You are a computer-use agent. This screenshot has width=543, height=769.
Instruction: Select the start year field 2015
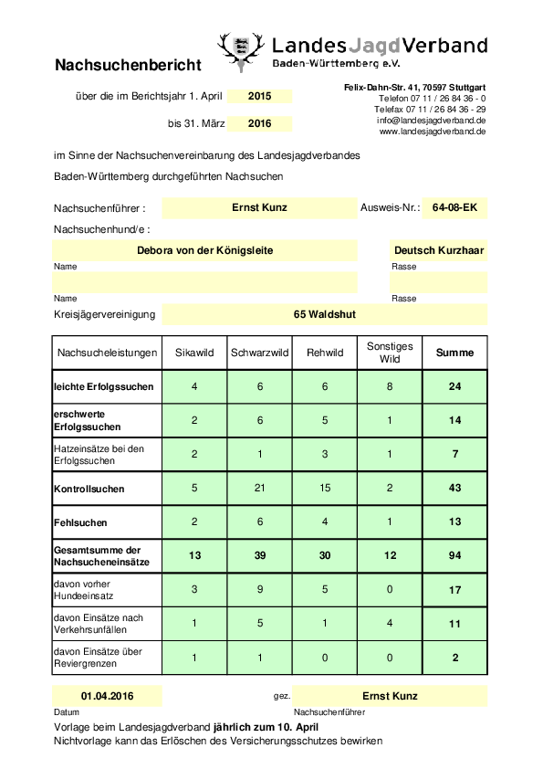(x=259, y=96)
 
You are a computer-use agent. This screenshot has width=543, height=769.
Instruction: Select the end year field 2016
(x=259, y=123)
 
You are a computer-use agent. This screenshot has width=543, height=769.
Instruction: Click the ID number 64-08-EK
(x=454, y=208)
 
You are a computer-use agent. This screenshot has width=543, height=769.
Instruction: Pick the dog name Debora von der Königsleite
(x=204, y=250)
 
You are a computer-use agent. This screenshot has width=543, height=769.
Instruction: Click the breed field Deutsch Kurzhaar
(x=439, y=250)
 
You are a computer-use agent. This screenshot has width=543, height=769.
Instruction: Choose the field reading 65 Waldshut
(x=324, y=314)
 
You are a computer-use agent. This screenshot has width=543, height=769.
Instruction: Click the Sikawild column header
(x=193, y=353)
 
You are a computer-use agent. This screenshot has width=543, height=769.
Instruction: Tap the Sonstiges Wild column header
(x=390, y=353)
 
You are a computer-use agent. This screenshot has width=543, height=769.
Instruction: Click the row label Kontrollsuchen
(x=89, y=489)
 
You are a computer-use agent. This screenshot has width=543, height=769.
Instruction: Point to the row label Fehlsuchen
(x=80, y=522)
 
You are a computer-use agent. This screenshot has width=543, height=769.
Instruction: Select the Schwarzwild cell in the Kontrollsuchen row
(x=259, y=489)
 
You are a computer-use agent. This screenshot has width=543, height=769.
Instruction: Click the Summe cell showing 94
(x=454, y=556)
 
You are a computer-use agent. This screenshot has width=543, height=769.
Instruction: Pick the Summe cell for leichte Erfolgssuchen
(x=454, y=386)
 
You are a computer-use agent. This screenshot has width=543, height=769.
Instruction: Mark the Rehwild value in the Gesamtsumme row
(x=324, y=556)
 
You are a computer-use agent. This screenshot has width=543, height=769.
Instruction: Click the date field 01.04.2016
(x=108, y=696)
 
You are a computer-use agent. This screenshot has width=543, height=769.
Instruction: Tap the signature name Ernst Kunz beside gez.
(x=390, y=696)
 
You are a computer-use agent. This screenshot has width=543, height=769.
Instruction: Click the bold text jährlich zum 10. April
(x=266, y=724)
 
